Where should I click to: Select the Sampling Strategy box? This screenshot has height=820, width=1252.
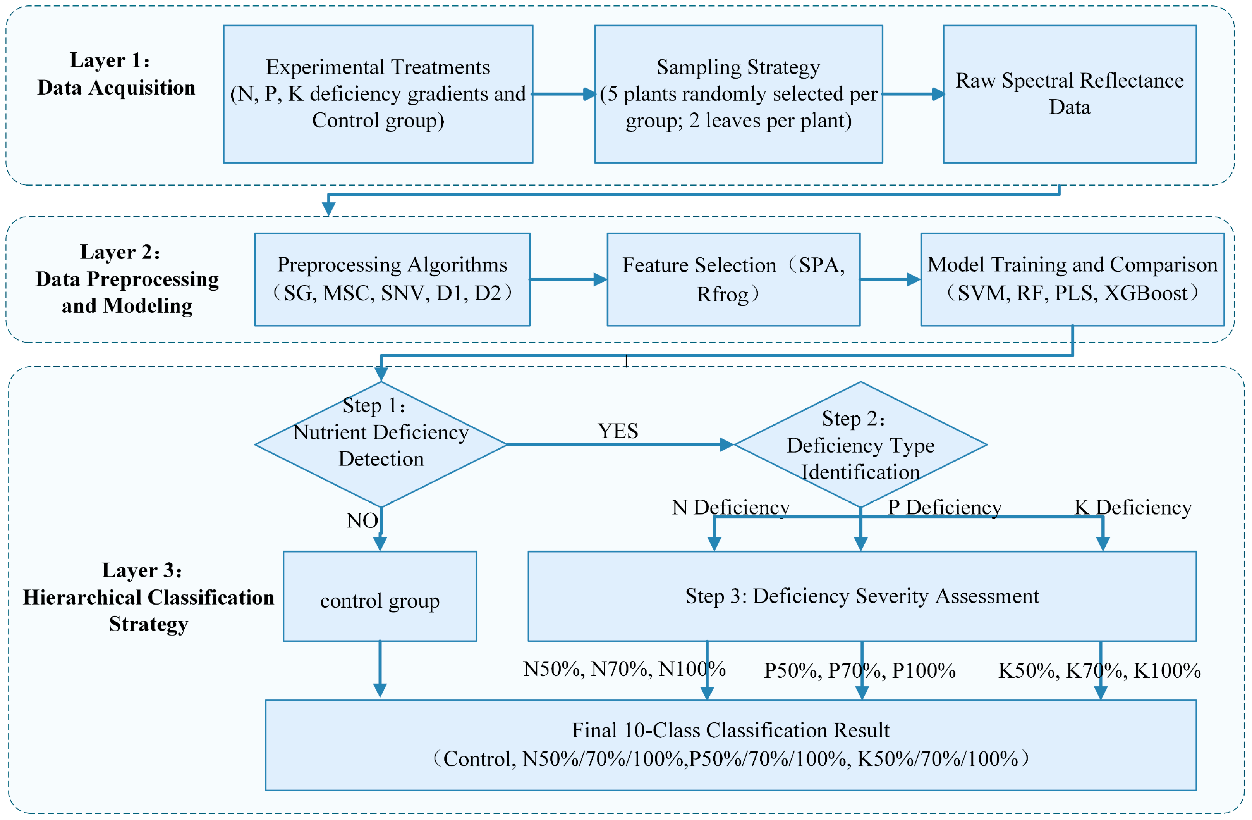[x=738, y=94]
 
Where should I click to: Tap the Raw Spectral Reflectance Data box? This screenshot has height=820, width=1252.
[x=1070, y=94]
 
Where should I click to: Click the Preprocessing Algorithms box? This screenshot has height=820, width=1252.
[x=392, y=279]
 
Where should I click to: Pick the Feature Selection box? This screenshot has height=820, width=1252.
[x=733, y=279]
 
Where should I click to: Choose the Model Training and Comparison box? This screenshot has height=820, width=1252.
[x=1072, y=279]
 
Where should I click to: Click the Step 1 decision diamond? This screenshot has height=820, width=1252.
[x=381, y=444]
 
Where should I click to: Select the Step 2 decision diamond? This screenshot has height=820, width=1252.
[x=860, y=444]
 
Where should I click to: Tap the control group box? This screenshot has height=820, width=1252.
[x=380, y=596]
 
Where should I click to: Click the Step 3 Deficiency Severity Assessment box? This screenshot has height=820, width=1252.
[x=862, y=596]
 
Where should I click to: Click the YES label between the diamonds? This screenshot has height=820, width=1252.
[x=618, y=431]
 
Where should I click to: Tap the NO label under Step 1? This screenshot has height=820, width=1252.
[x=362, y=520]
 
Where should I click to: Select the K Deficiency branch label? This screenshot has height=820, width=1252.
[x=1133, y=507]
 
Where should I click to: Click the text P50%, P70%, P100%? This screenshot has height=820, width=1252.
[x=860, y=670]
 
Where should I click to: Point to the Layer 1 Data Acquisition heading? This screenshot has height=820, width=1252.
[x=116, y=74]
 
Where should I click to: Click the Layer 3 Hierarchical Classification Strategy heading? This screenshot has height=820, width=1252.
[x=148, y=597]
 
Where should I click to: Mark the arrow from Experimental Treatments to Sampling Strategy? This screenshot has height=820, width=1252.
[x=563, y=94]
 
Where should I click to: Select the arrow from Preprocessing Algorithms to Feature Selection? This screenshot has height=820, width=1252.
[x=568, y=279]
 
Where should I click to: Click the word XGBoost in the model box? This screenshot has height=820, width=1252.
[x=1145, y=293]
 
